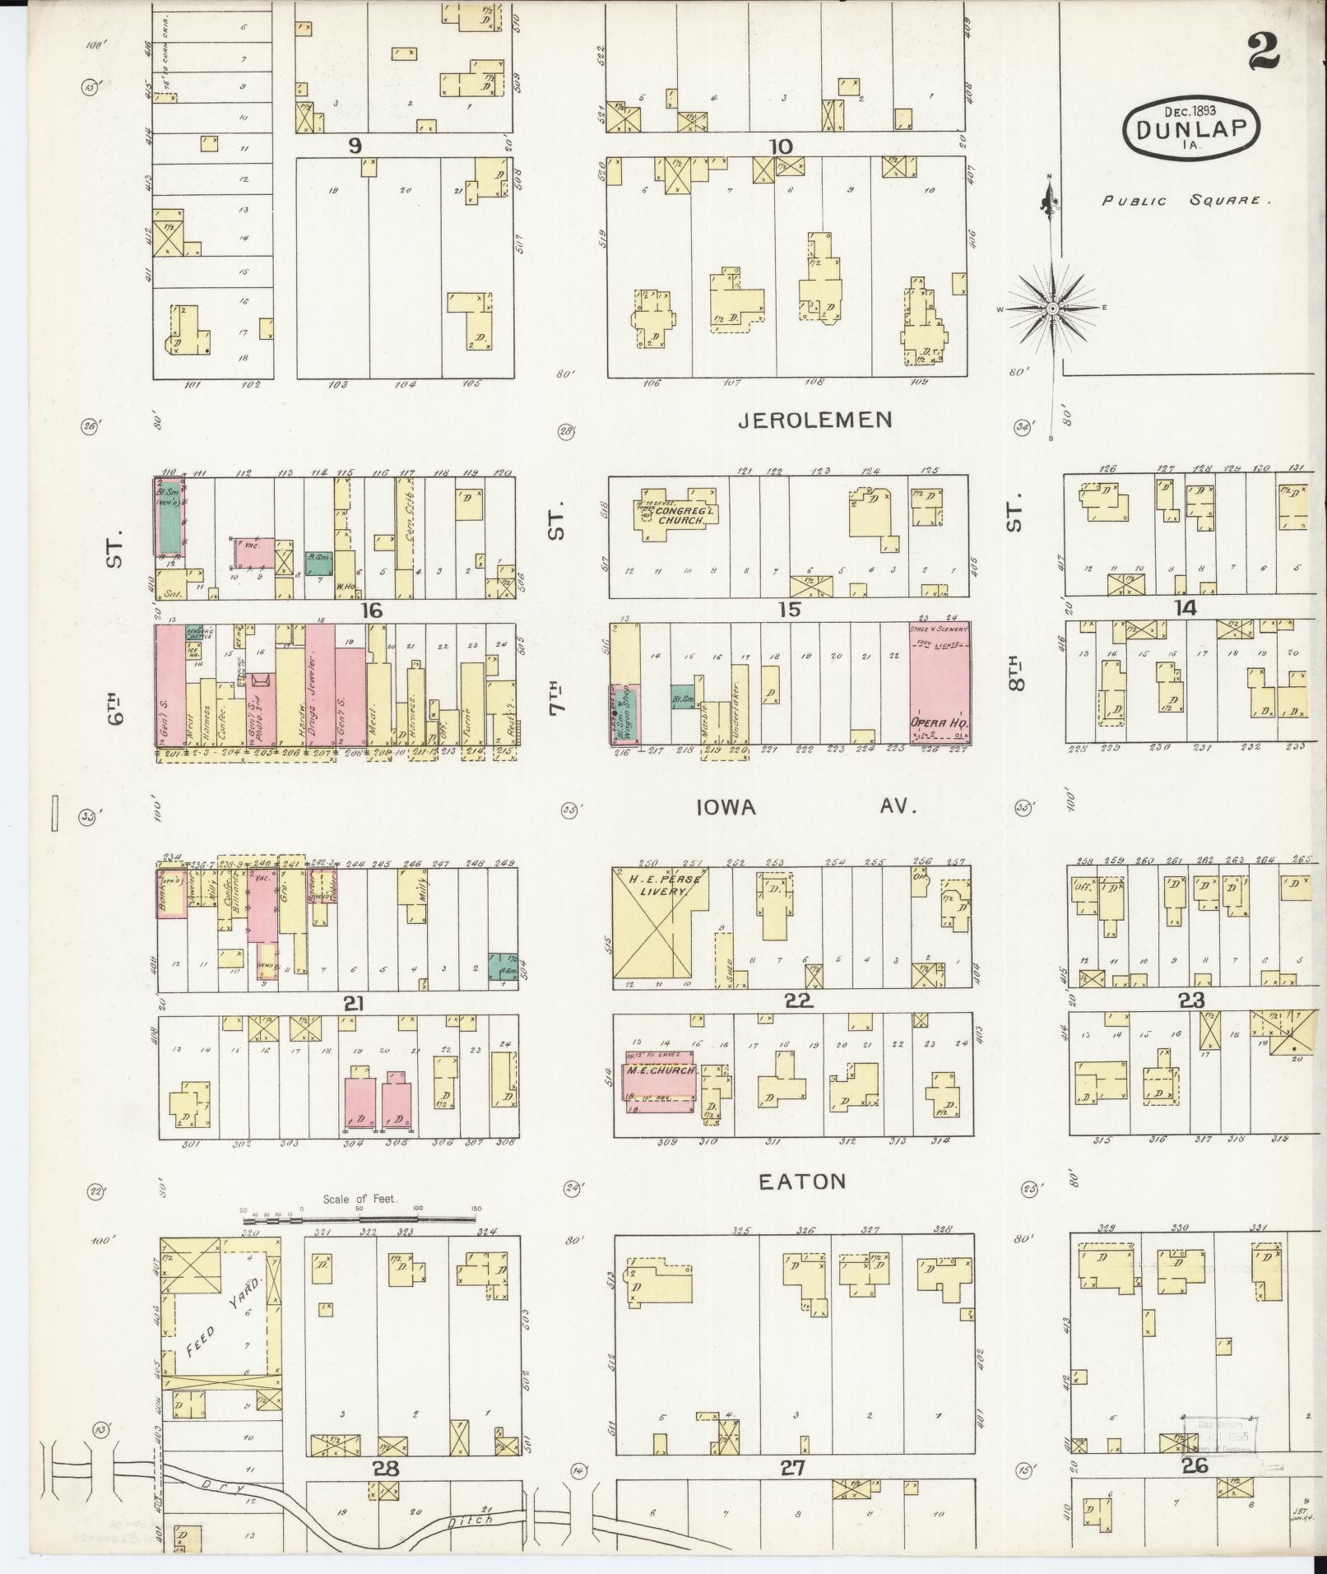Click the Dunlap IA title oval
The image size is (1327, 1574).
click(1190, 128)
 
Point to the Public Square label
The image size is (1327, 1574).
click(1185, 200)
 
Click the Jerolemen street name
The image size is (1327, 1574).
click(814, 420)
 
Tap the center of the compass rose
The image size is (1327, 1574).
click(1052, 309)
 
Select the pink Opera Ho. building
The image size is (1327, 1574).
click(940, 684)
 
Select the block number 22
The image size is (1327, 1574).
click(798, 1001)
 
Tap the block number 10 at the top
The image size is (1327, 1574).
click(780, 146)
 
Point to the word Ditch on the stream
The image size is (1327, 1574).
click(472, 1521)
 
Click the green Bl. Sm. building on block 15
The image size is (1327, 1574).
click(682, 698)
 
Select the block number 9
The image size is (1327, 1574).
click(355, 146)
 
